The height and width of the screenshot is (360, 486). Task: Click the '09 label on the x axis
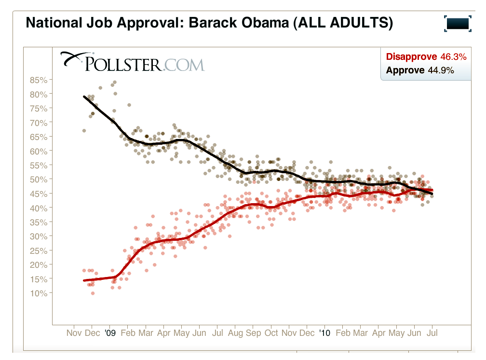click(110, 333)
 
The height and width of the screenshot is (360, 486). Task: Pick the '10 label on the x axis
click(324, 333)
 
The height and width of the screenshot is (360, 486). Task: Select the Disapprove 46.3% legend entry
click(426, 57)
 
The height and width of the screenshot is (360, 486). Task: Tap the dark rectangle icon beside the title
click(458, 23)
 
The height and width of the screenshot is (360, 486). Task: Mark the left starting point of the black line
click(84, 97)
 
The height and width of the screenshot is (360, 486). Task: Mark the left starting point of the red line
click(84, 280)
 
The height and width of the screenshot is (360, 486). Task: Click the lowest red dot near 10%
click(93, 293)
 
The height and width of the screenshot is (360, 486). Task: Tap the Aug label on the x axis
click(235, 333)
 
